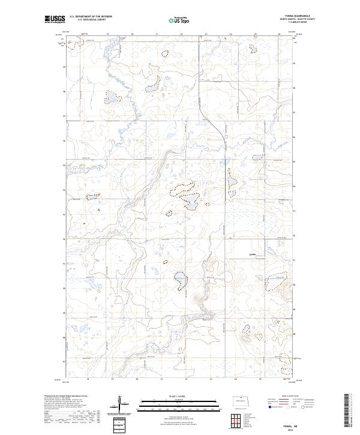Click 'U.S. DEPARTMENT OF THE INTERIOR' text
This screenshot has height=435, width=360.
[91, 17]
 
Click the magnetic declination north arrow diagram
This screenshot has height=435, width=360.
[120, 404]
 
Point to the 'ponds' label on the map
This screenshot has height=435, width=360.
[252, 254]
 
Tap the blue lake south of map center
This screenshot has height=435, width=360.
[179, 277]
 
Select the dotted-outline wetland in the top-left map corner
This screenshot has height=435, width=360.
[74, 42]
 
